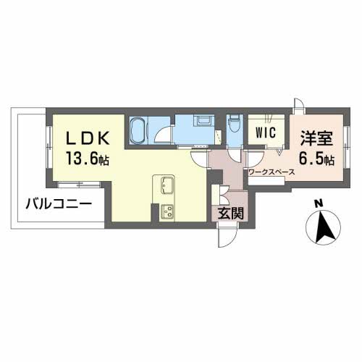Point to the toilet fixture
233,128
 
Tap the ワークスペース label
270,173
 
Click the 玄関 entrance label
227,213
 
